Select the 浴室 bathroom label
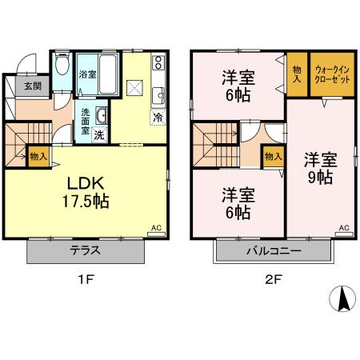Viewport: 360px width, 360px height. click(x=87, y=75)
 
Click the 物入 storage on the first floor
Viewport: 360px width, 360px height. click(x=38, y=155)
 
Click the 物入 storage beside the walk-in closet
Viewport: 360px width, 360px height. click(x=297, y=75)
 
